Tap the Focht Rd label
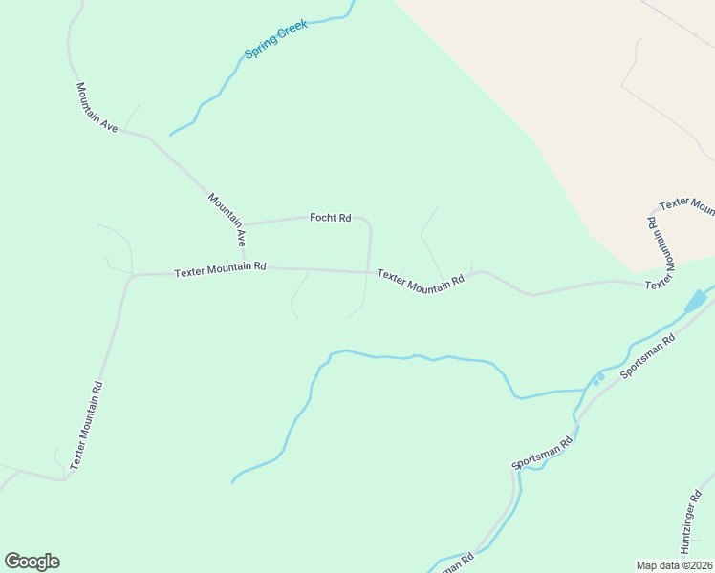click(x=330, y=218)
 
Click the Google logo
click(x=32, y=562)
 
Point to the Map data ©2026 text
click(x=675, y=565)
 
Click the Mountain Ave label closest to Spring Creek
click(x=97, y=106)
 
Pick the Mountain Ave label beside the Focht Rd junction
click(x=227, y=220)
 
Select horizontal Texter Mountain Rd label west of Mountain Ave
click(x=220, y=271)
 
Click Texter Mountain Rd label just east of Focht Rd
click(x=421, y=279)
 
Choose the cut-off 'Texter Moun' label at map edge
click(x=687, y=203)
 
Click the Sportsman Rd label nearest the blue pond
click(x=647, y=356)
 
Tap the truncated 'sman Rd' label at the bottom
click(x=453, y=563)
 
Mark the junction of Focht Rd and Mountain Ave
click(x=243, y=225)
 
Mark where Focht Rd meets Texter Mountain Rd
click(x=366, y=271)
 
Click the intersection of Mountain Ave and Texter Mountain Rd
click(x=245, y=267)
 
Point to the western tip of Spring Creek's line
click(x=170, y=135)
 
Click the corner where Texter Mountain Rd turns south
click(x=131, y=275)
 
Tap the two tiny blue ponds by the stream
click(x=598, y=379)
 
